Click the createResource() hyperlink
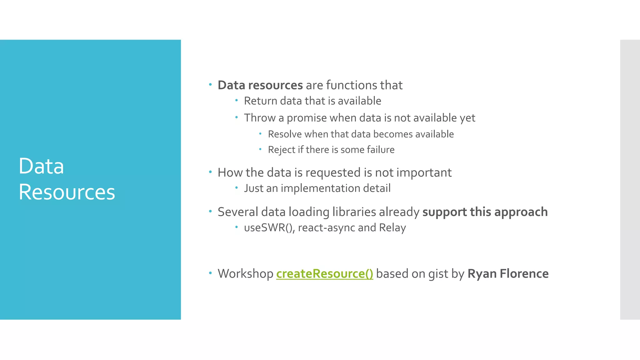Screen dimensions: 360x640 (x=324, y=274)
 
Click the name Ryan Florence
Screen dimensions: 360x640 (x=508, y=274)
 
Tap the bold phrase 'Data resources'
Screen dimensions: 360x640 (x=260, y=85)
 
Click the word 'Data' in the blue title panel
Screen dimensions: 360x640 (x=41, y=166)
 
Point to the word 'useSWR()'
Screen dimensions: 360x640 (x=269, y=228)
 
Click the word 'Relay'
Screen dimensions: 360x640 (x=392, y=228)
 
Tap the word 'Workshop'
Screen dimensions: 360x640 (x=245, y=274)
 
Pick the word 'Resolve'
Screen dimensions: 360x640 (x=284, y=134)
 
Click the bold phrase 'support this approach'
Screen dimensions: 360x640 (x=485, y=212)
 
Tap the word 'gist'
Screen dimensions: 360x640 (x=438, y=274)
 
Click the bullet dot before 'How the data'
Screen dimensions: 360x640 (x=210, y=172)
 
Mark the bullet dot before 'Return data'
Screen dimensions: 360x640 (x=237, y=100)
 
